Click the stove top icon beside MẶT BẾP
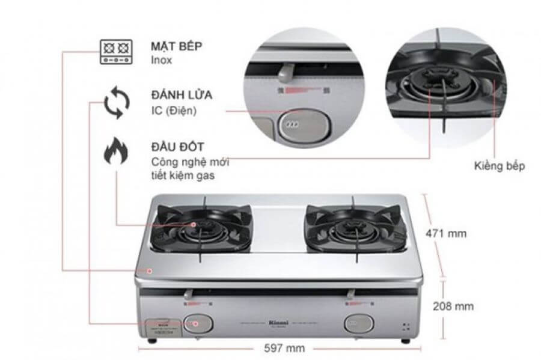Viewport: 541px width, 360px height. pos(115,52)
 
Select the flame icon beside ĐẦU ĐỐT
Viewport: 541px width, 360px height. pos(115,151)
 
